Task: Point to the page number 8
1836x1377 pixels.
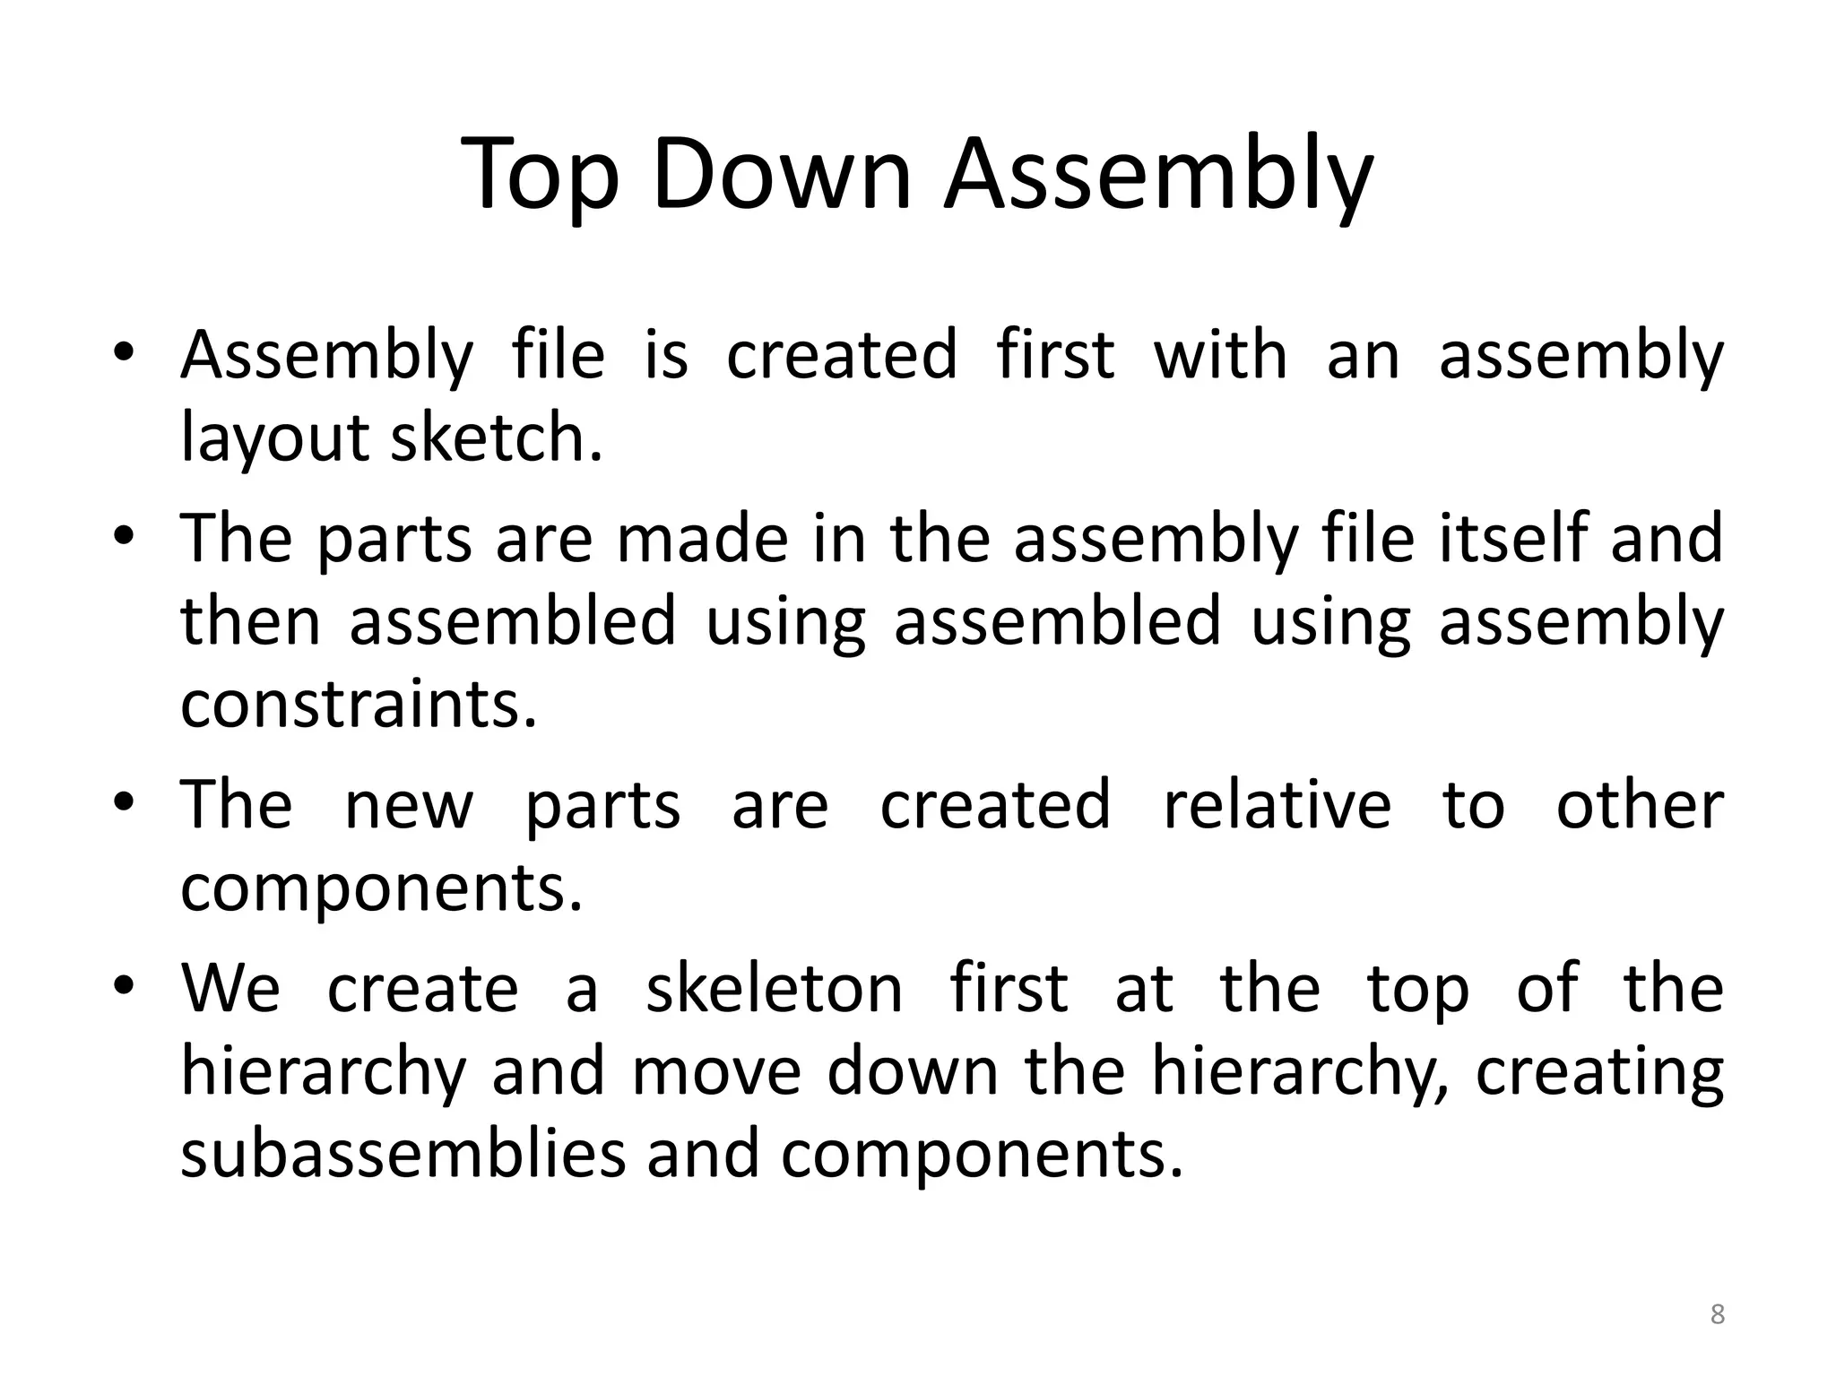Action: tap(1717, 1314)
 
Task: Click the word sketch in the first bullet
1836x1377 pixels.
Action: tap(496, 437)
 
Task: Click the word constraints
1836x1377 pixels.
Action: tap(359, 704)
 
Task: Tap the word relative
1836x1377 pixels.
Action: tap(1277, 804)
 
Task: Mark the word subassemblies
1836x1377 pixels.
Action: tap(403, 1154)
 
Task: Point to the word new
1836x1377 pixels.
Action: tap(409, 806)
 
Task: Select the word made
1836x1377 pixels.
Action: tap(702, 538)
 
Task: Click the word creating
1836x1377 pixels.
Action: tap(1599, 1072)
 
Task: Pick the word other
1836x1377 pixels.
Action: tap(1640, 804)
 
